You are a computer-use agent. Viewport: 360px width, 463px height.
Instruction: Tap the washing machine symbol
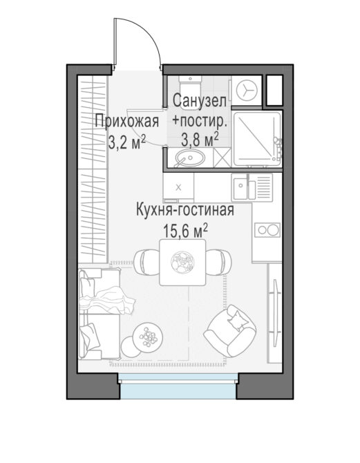[x=246, y=90]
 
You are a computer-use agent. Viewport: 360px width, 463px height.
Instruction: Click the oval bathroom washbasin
[x=189, y=158]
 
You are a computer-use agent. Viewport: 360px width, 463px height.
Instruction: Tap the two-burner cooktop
[x=267, y=229]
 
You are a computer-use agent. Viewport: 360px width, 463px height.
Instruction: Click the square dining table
[x=182, y=262]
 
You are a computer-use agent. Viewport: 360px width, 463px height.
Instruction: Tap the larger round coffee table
[x=147, y=337]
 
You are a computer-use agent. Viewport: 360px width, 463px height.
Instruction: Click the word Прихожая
[x=127, y=121]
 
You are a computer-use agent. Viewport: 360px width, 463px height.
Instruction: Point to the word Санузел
[x=199, y=101]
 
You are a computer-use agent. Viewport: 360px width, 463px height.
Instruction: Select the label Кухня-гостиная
[x=185, y=210]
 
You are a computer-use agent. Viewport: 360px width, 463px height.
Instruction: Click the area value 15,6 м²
[x=185, y=231]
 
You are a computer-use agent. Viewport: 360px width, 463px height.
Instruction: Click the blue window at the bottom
[x=178, y=386]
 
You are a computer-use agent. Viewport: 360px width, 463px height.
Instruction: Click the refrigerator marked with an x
[x=178, y=187]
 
